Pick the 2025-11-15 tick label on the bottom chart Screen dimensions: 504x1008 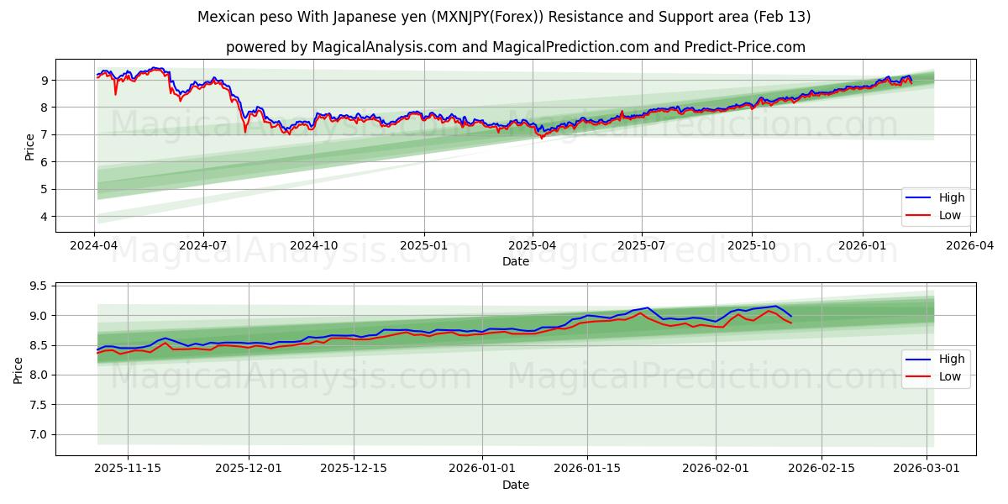point(128,468)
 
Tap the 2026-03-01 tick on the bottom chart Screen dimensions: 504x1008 point(927,468)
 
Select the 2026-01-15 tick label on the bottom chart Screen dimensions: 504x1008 point(586,468)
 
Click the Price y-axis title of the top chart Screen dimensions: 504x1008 point(30,147)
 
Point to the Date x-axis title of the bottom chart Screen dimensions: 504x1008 point(516,485)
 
